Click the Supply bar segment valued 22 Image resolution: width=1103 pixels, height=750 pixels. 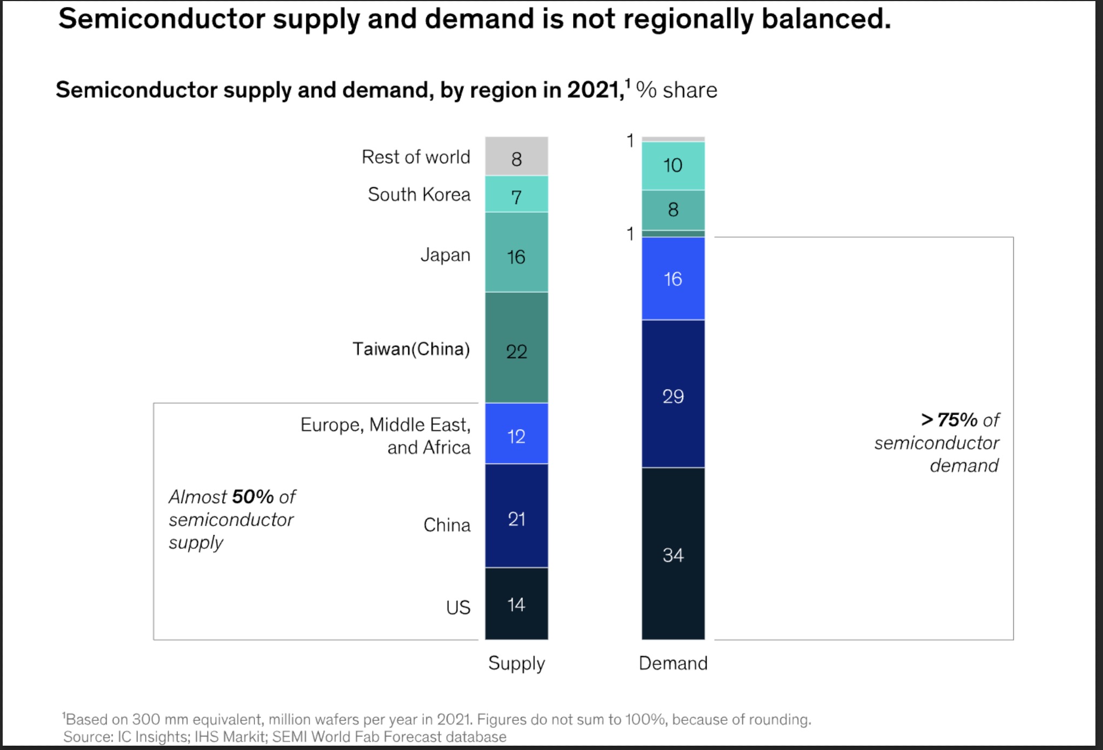coord(516,347)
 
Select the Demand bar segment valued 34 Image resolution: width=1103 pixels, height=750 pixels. coord(673,553)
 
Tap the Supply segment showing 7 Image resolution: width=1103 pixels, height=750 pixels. coord(516,194)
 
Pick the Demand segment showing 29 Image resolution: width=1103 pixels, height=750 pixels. coord(673,393)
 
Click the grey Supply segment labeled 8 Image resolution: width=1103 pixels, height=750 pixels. coord(516,156)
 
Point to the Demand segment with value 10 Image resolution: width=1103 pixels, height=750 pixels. coord(673,166)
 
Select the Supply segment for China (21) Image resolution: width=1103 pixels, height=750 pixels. coord(516,515)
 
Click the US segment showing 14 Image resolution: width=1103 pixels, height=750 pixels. coord(516,603)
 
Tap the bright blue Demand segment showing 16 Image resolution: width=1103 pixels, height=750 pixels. coord(673,278)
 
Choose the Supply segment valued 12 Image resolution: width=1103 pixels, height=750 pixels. coord(516,433)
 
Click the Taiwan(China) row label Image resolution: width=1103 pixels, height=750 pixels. coord(411,349)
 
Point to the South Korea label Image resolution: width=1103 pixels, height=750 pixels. coord(419,194)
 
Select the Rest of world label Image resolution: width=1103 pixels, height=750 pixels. coord(416,157)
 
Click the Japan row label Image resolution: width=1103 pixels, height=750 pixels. coord(446,255)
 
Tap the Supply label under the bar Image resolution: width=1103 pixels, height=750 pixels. coord(516,663)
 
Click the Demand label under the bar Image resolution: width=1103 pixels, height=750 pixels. coord(673,663)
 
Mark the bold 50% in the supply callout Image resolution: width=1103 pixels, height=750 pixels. coord(253,496)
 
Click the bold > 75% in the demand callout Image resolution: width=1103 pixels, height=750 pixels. coord(949,419)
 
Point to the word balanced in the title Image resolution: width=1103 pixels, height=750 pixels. coord(826,19)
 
